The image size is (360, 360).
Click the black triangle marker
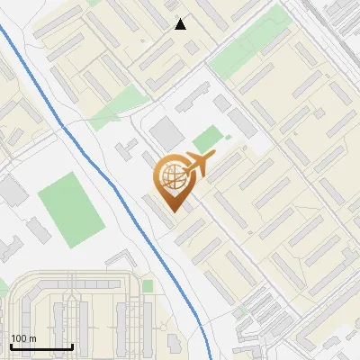[181, 24]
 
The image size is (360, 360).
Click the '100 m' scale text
[22, 338]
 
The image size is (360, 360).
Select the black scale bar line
[40, 347]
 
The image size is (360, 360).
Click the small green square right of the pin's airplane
[207, 139]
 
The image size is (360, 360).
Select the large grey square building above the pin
[166, 134]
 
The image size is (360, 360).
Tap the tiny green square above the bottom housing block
[148, 285]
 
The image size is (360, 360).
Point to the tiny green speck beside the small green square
[229, 137]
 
